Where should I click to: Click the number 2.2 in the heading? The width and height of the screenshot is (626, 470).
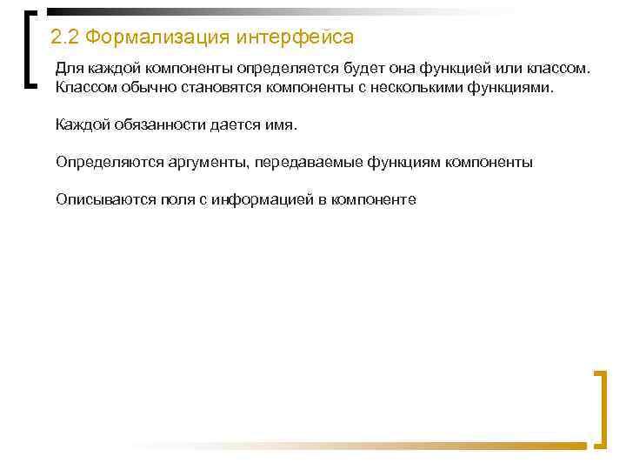[x=66, y=38]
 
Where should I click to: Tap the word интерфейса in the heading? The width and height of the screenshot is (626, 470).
[x=296, y=38]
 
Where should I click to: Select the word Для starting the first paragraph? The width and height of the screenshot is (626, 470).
[x=68, y=68]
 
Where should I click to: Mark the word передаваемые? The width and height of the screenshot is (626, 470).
[x=300, y=162]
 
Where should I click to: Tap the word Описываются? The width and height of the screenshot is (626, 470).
[x=104, y=199]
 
